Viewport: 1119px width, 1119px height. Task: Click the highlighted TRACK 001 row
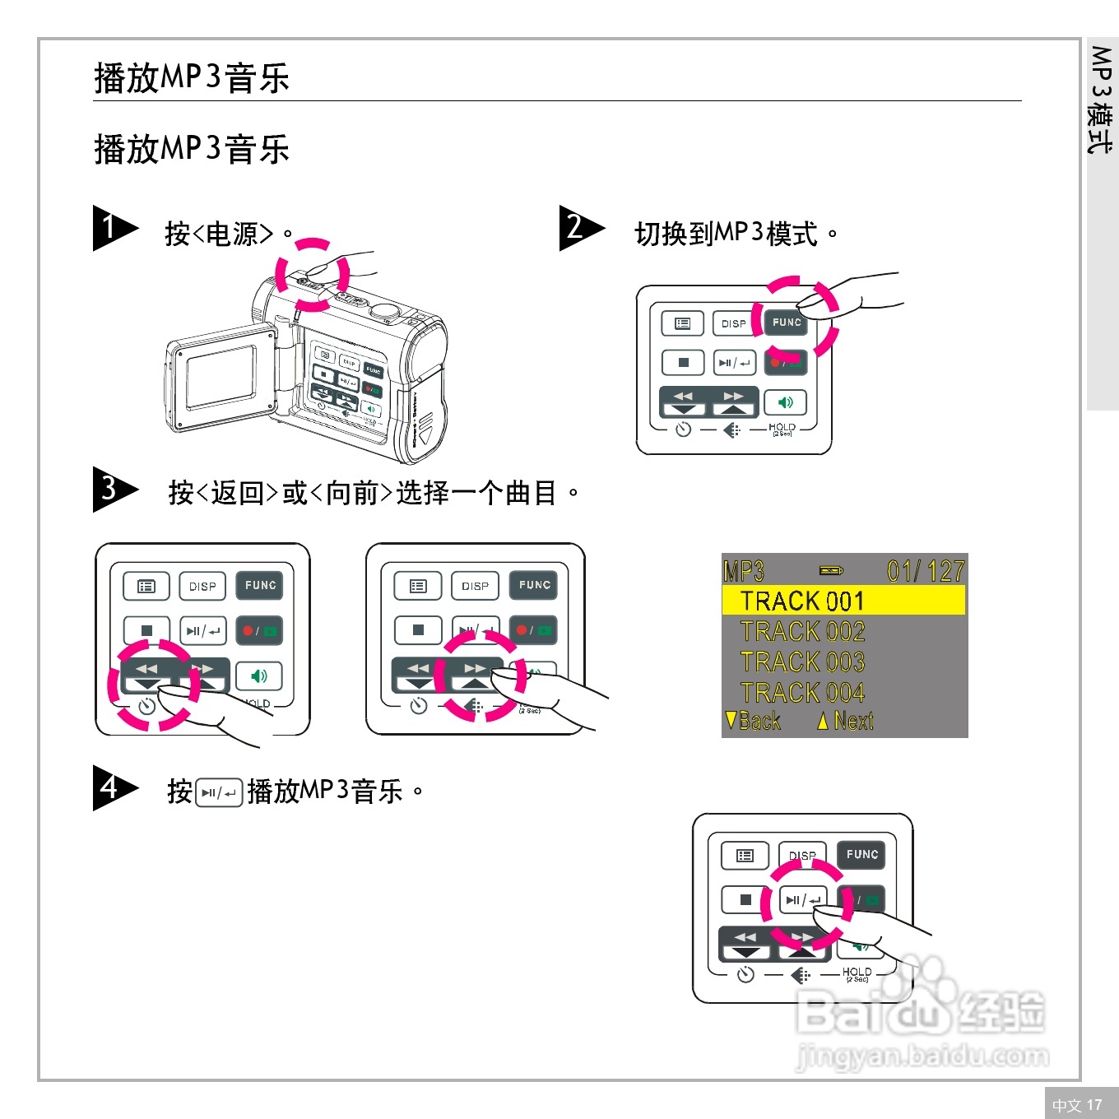843,601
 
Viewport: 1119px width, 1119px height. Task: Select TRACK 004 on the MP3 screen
802,693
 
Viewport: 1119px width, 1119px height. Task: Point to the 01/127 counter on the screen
925,571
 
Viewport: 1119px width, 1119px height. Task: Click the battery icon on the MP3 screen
831,570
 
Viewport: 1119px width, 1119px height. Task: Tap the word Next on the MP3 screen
852,721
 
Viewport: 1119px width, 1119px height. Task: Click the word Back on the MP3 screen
759,721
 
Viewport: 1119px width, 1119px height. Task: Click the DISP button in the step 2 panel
733,323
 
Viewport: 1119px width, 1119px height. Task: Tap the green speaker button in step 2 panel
785,402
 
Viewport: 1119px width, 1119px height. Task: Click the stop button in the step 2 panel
683,362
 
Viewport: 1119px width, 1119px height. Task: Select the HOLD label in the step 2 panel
782,428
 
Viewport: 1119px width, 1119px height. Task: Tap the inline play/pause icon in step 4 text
219,792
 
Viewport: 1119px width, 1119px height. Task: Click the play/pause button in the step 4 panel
802,900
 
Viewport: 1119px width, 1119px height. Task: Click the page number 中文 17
1077,1105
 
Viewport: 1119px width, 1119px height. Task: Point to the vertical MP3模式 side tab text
1101,99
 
